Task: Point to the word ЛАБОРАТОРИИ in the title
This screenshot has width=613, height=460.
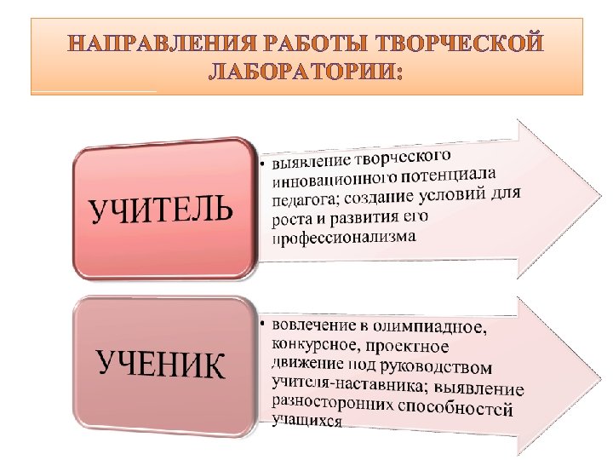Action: [x=303, y=72]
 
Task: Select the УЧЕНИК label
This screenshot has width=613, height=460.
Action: [x=161, y=365]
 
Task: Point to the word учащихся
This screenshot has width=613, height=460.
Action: [x=306, y=422]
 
